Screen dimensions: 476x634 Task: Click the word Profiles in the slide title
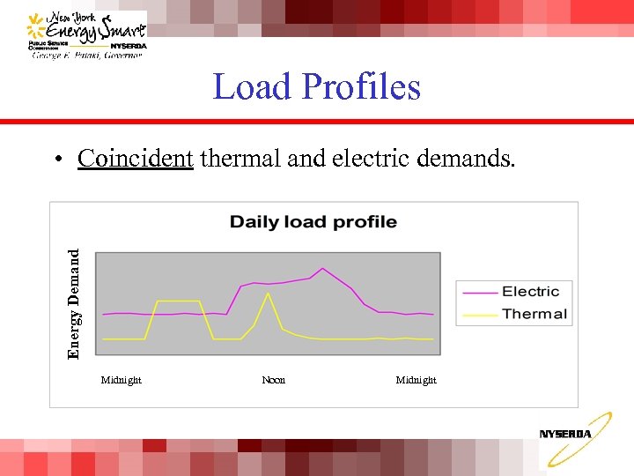pos(361,87)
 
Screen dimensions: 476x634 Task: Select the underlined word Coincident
pos(135,159)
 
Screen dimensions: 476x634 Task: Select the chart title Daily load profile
pos(313,222)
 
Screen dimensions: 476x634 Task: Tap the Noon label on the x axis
pos(274,380)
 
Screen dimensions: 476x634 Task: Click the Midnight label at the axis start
pos(122,380)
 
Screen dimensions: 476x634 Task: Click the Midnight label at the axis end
pos(416,380)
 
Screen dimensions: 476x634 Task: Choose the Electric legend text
pos(530,292)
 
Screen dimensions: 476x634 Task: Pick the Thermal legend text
pos(534,314)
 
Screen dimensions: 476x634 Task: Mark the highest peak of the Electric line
pos(322,268)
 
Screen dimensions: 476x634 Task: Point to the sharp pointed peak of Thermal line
pos(268,293)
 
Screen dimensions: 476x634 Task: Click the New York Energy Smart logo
pos(85,35)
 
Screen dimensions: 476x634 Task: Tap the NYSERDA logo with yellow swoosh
pos(573,438)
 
